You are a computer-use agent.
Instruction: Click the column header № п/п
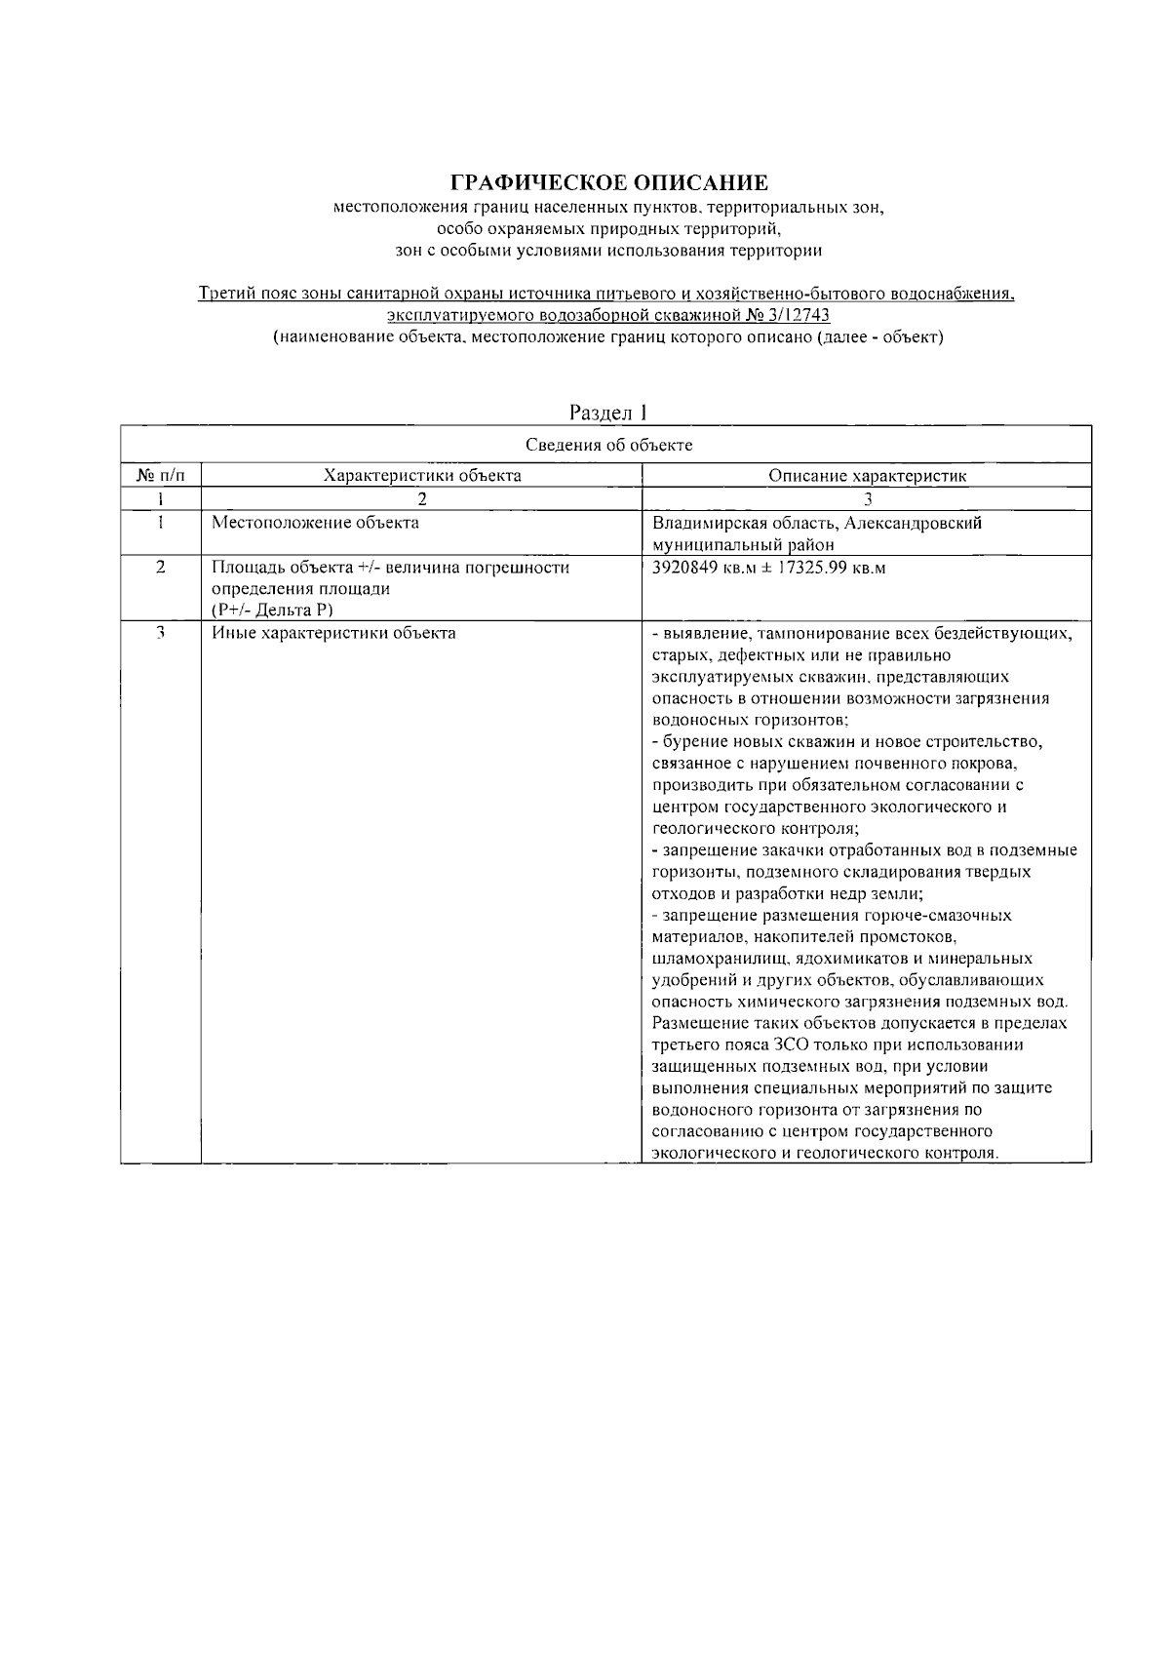160,476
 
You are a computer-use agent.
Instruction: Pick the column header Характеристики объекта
421,476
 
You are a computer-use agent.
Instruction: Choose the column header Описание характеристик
867,476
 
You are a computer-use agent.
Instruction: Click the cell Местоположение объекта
316,523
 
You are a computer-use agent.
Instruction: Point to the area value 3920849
683,568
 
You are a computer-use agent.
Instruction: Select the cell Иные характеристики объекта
333,633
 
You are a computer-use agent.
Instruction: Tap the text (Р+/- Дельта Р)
272,611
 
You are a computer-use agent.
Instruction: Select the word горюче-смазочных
935,916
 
